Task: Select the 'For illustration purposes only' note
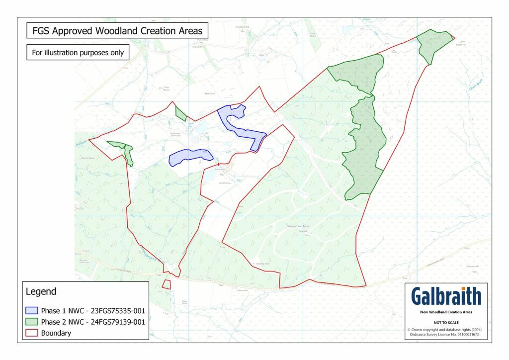(77, 52)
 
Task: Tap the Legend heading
(41, 291)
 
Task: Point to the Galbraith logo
(446, 296)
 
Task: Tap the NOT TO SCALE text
(446, 322)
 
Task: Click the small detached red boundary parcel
(167, 284)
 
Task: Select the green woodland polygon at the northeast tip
(433, 44)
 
